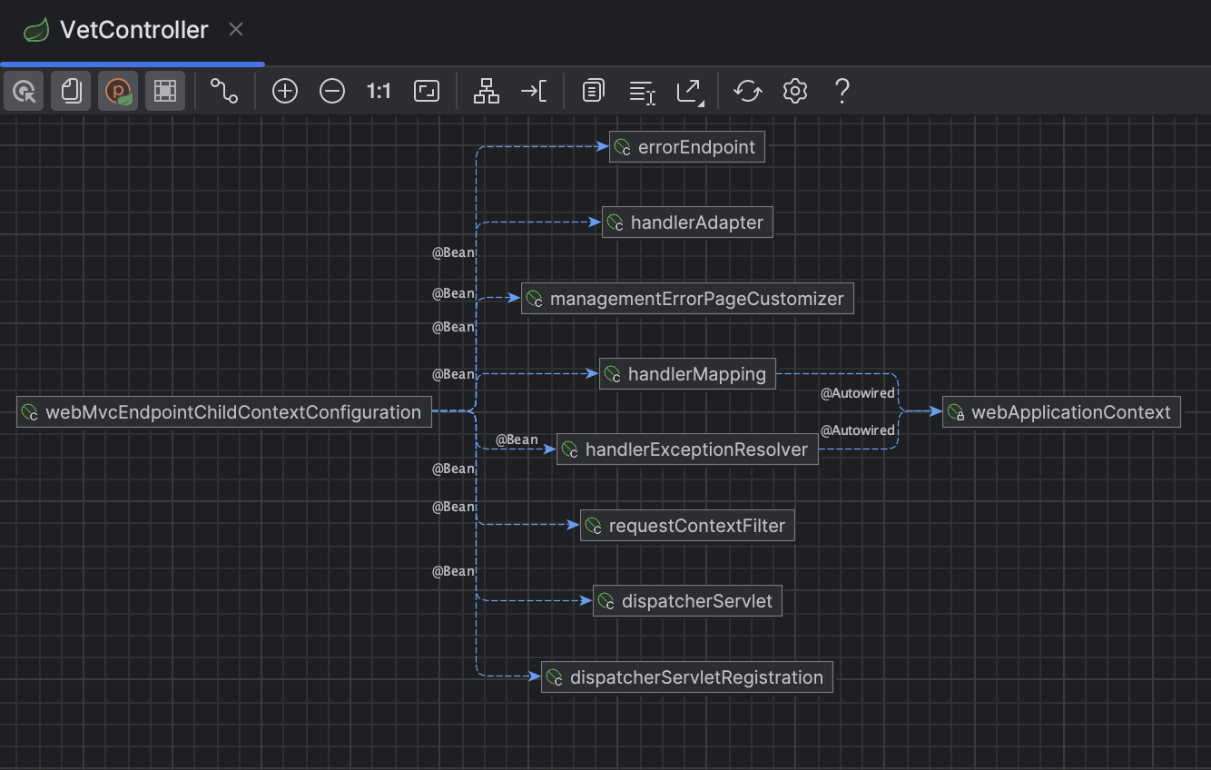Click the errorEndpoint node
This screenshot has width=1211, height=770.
[x=687, y=147]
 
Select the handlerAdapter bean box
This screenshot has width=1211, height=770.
[x=687, y=222]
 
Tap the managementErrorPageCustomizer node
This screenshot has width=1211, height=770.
[x=687, y=299]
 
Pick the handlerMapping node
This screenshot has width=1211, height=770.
[x=687, y=374]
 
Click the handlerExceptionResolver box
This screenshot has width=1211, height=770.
[x=687, y=449]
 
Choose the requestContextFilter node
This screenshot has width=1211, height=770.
[x=687, y=526]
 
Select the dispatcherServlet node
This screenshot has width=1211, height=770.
[x=687, y=601]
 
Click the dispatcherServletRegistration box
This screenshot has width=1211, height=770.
[x=687, y=677]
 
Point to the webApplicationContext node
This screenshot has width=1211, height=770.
[x=1061, y=412]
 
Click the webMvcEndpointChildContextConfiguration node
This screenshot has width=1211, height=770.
[x=223, y=412]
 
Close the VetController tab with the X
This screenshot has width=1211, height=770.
[x=236, y=30]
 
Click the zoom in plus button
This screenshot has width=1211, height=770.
[x=285, y=91]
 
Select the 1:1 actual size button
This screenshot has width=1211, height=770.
[x=379, y=91]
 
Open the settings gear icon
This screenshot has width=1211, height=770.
[x=795, y=91]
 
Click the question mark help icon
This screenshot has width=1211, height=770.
[x=842, y=91]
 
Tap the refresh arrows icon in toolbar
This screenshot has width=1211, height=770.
[x=748, y=91]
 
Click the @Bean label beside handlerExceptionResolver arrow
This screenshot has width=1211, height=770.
[x=517, y=439]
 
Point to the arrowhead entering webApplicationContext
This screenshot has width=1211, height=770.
[x=937, y=411]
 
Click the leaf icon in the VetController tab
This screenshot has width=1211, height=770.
[x=36, y=31]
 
